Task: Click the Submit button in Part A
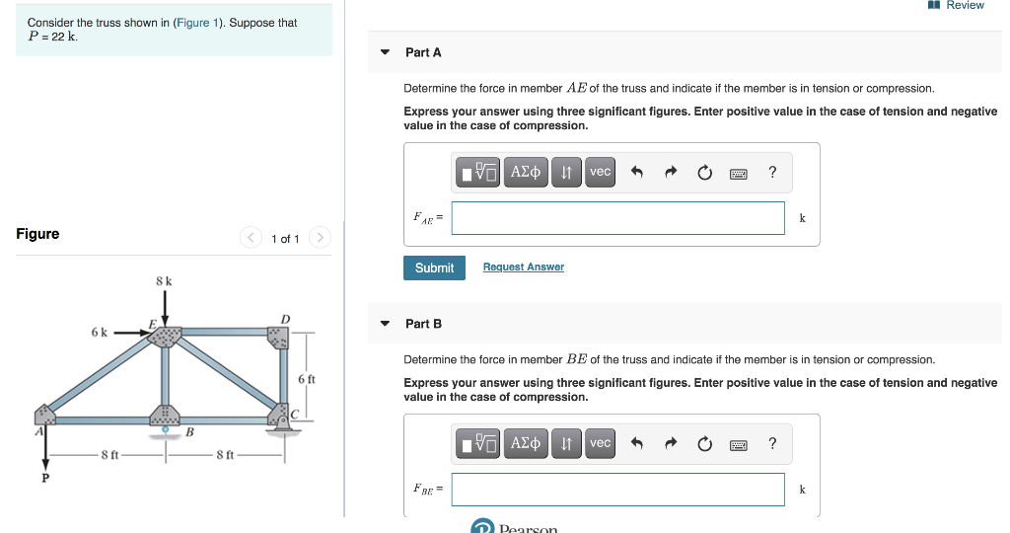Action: [434, 267]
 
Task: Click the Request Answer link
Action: [523, 267]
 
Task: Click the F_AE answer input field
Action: [617, 218]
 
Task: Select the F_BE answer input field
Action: [617, 489]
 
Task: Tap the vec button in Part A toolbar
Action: [600, 172]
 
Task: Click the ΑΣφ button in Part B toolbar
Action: [527, 443]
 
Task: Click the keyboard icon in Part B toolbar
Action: [738, 444]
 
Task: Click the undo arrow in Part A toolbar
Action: [637, 173]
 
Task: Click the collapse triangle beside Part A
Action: [385, 52]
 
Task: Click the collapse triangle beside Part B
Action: [385, 324]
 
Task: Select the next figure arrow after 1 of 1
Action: [320, 238]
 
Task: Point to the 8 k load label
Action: [165, 281]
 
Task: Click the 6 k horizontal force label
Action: [99, 333]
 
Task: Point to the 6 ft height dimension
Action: [306, 379]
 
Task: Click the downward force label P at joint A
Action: [44, 478]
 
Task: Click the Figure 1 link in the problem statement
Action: [191, 23]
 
